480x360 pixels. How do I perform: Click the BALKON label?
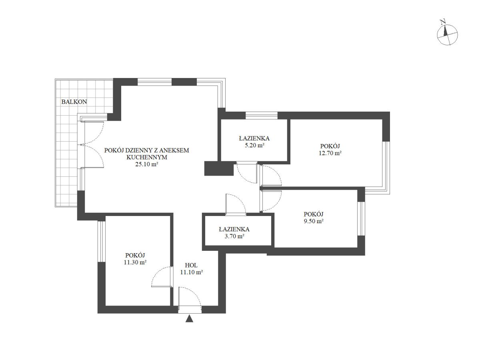pos(74,102)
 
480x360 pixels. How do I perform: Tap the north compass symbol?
pos(447,35)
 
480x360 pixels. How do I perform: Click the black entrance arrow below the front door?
pos(189,319)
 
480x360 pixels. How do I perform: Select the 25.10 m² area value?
pos(146,164)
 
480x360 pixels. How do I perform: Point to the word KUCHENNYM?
pos(147,157)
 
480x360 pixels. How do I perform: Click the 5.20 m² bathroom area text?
pos(254,145)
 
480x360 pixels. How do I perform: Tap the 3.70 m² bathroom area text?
pos(234,236)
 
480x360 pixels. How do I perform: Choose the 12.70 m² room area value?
pos(330,153)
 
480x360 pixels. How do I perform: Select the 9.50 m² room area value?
pos(314,221)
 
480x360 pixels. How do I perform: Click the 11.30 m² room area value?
pos(135,262)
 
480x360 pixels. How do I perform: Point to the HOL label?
pos(191,265)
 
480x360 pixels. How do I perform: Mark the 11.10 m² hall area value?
pos(191,272)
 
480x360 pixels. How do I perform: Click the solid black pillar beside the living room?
pos(219,168)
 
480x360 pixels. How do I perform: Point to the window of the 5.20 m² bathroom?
pos(262,116)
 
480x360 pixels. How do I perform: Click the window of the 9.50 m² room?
pos(361,218)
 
